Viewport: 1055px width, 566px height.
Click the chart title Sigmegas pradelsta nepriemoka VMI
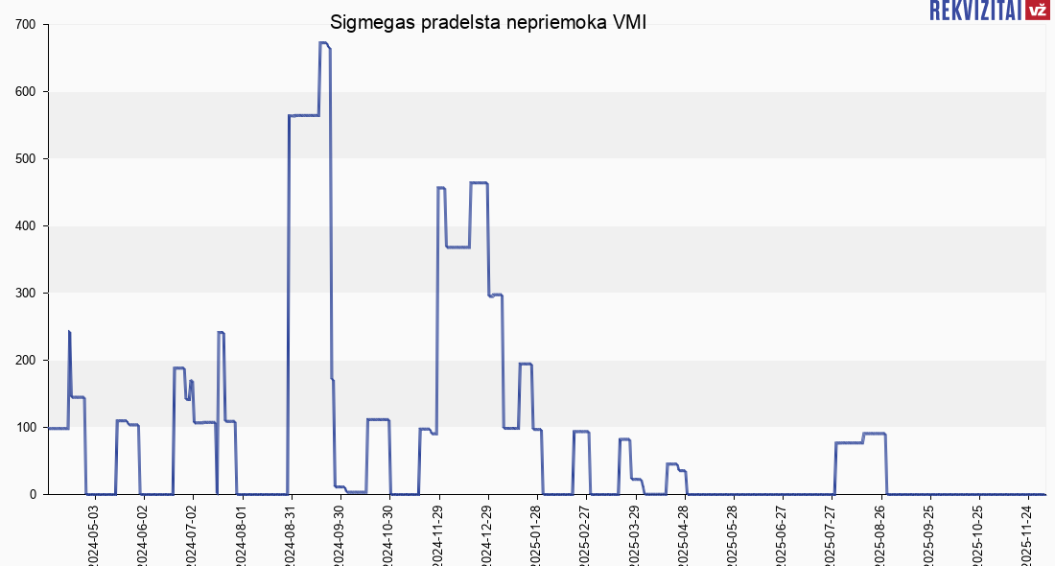[x=488, y=23]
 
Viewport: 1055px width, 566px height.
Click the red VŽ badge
[x=1037, y=11]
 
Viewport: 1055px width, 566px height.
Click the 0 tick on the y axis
[x=32, y=494]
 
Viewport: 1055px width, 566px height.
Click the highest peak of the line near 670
[x=323, y=43]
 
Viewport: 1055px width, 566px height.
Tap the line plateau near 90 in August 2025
[x=874, y=434]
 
